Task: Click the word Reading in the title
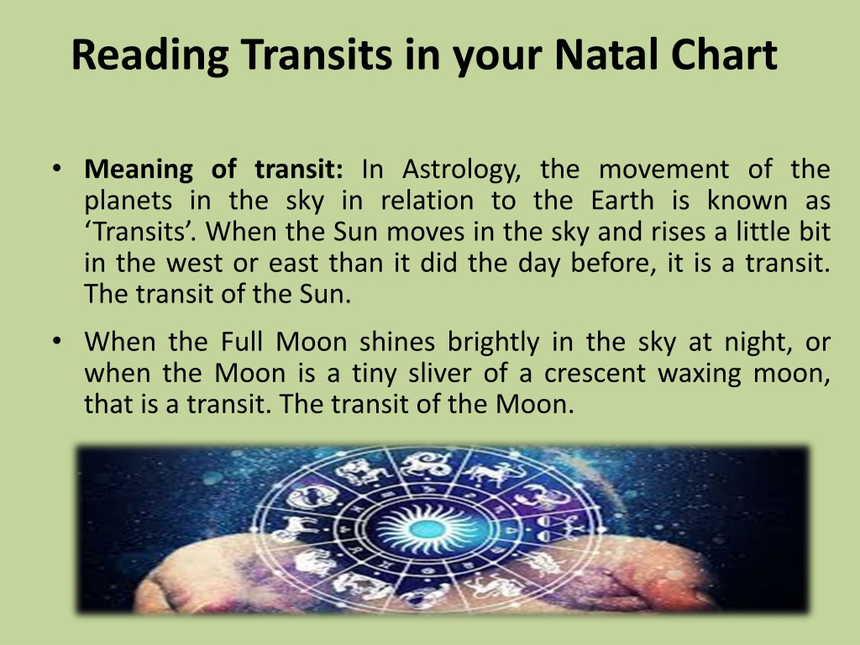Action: tap(149, 56)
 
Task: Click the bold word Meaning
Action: tap(139, 170)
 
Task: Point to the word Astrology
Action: tap(461, 170)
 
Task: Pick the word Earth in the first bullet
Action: tap(622, 200)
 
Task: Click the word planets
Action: tap(128, 202)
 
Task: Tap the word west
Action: tap(194, 264)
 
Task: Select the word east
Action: tap(293, 264)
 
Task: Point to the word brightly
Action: tap(494, 343)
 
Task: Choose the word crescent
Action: tap(595, 374)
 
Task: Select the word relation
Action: tap(427, 200)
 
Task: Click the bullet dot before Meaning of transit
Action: tap(57, 168)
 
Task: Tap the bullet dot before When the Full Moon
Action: tap(57, 341)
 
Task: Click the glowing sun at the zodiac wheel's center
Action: tap(427, 529)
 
